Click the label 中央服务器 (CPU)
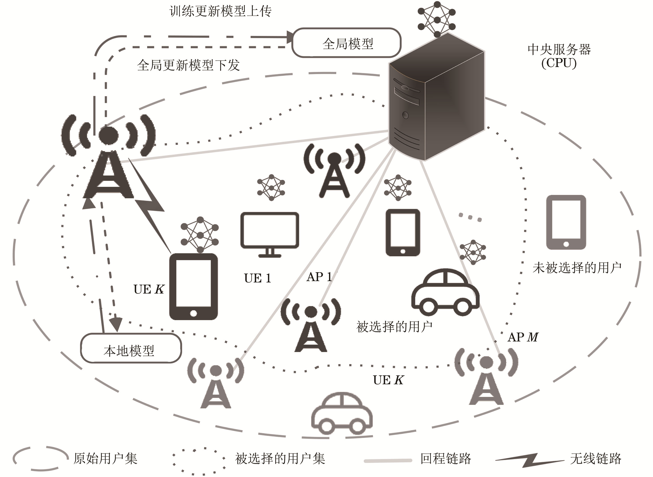pos(559,56)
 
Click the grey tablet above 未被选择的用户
pos(566,222)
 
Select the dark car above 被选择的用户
pos(445,293)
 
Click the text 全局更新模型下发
pos(188,65)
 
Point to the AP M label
pos(523,337)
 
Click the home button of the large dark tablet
pos(194,313)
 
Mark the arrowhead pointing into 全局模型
pos(290,37)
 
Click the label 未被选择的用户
pos(577,268)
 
